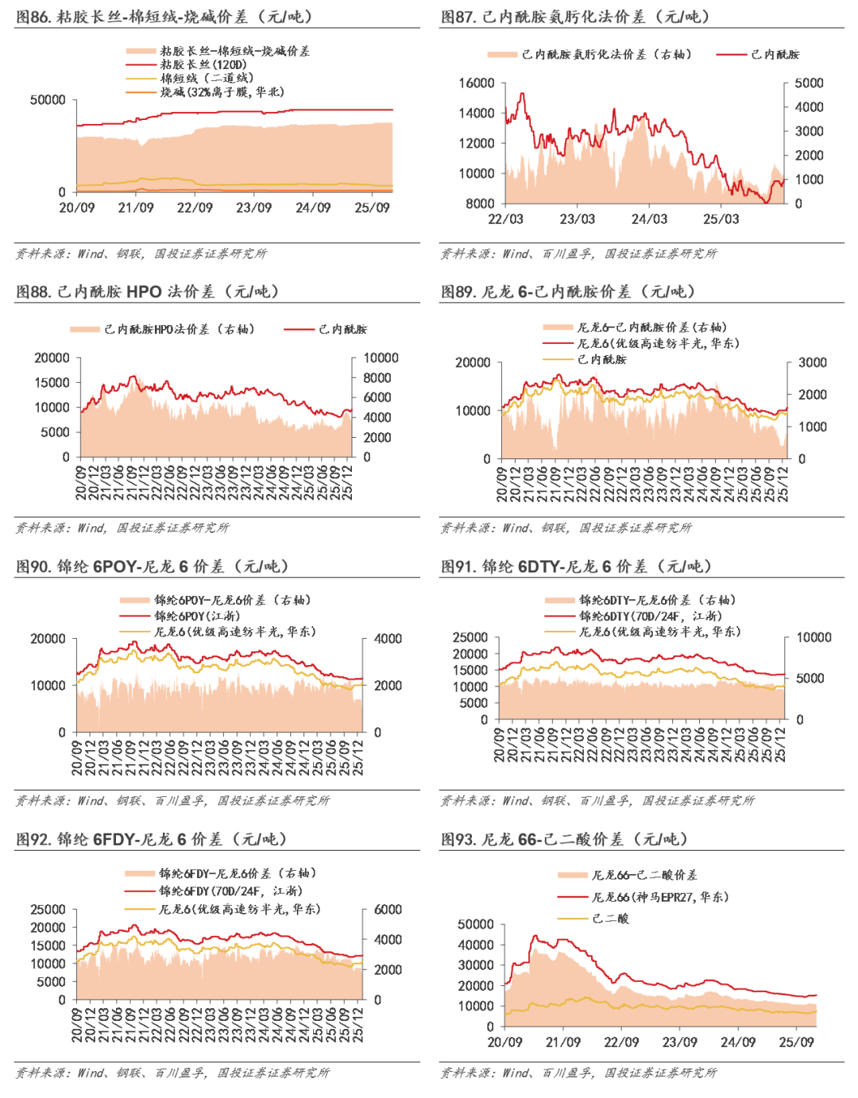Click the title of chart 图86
pyautogui.click(x=164, y=17)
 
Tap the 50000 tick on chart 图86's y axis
pyautogui.click(x=48, y=100)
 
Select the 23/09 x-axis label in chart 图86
pyautogui.click(x=253, y=208)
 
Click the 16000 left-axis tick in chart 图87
pyautogui.click(x=476, y=83)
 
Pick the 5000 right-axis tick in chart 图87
pyautogui.click(x=809, y=83)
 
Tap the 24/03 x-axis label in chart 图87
pyautogui.click(x=649, y=219)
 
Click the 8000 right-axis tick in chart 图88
pyautogui.click(x=377, y=378)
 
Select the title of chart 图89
pyautogui.click(x=569, y=292)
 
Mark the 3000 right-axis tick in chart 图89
pyautogui.click(x=813, y=362)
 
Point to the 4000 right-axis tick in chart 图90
pyautogui.click(x=388, y=639)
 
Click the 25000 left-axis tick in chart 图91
pyautogui.click(x=470, y=638)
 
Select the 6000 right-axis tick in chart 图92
pyautogui.click(x=388, y=910)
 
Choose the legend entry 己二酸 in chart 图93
pyautogui.click(x=610, y=918)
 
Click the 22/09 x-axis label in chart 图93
pyautogui.click(x=621, y=1042)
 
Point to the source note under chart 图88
pyautogui.click(x=122, y=528)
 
